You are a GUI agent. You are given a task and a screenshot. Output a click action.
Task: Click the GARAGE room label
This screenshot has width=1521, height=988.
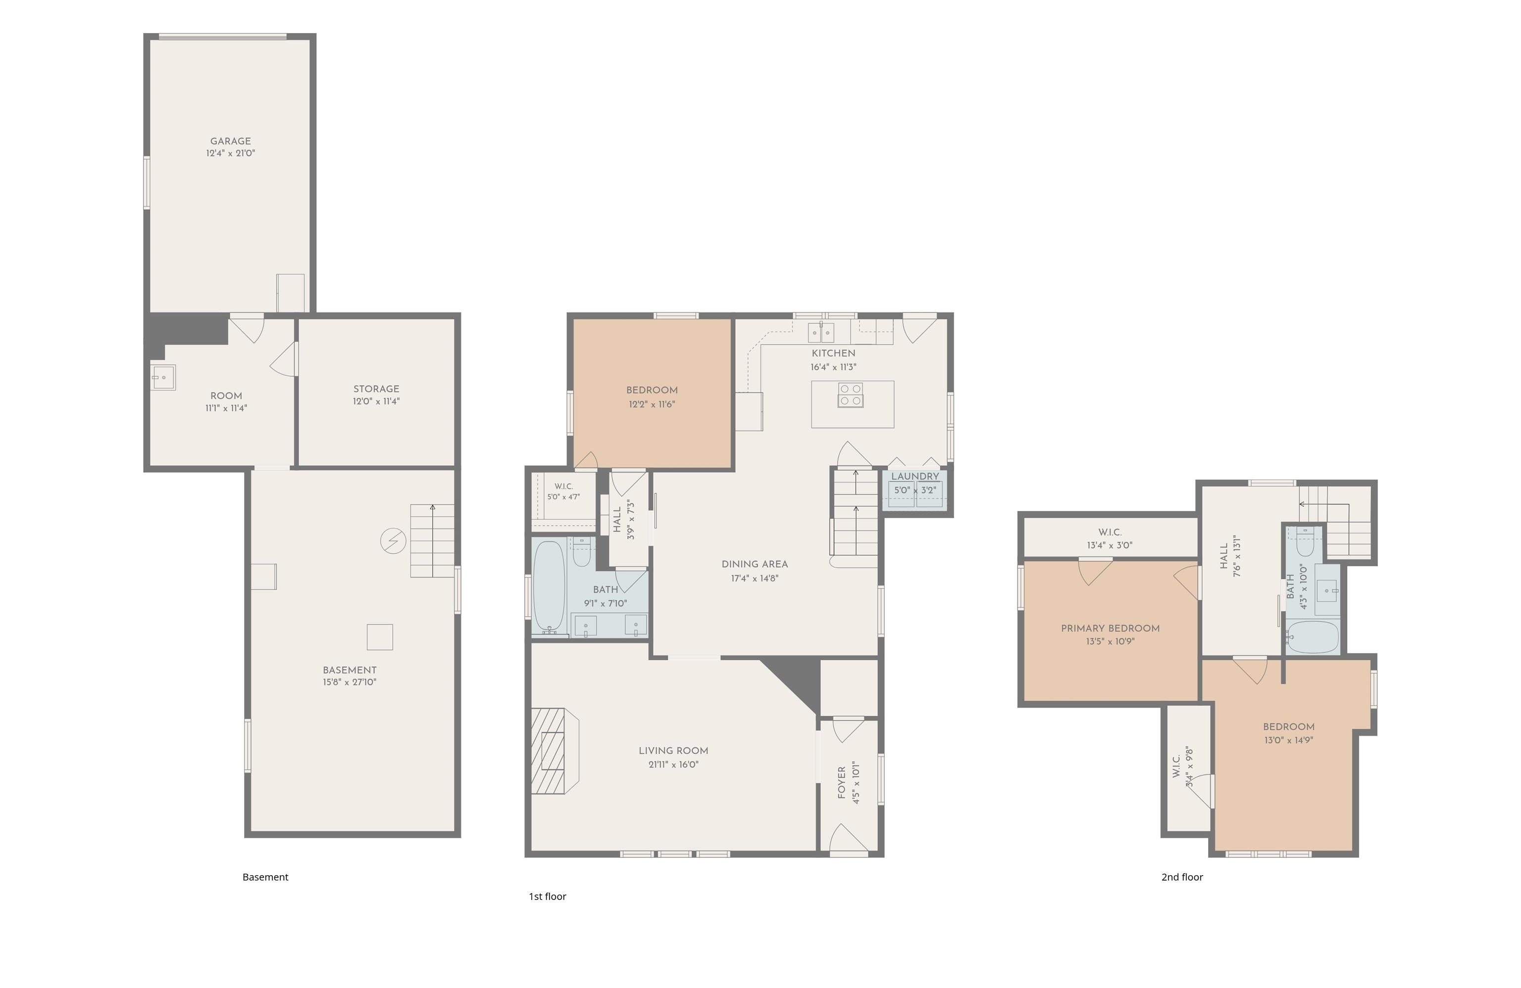pyautogui.click(x=230, y=141)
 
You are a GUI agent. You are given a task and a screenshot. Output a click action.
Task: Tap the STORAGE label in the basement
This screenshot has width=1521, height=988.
pyautogui.click(x=376, y=389)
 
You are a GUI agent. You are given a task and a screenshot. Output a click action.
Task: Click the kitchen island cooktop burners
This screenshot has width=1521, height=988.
pyautogui.click(x=851, y=395)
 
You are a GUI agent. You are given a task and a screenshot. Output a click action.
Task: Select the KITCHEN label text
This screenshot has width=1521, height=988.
pyautogui.click(x=833, y=353)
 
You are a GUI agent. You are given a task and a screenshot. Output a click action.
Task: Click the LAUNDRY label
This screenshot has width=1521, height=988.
pyautogui.click(x=915, y=477)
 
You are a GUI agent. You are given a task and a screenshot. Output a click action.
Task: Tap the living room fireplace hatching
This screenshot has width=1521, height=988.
pyautogui.click(x=548, y=751)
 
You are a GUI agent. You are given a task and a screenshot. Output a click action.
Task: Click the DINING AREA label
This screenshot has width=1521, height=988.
pyautogui.click(x=755, y=564)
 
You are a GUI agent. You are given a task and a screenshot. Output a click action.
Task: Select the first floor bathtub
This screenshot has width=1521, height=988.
pyautogui.click(x=549, y=587)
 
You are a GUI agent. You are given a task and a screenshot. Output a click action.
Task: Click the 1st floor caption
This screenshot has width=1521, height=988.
pyautogui.click(x=547, y=896)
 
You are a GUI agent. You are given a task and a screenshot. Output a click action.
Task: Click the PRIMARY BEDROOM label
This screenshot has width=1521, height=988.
pyautogui.click(x=1110, y=629)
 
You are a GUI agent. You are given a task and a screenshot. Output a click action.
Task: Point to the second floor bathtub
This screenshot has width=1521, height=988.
pyautogui.click(x=1312, y=637)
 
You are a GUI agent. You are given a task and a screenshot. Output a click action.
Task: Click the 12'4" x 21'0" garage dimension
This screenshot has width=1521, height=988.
pyautogui.click(x=230, y=153)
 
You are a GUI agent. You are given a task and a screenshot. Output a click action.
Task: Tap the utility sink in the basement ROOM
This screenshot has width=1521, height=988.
pyautogui.click(x=163, y=378)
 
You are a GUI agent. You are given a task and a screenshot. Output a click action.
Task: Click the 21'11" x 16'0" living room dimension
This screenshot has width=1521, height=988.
pyautogui.click(x=673, y=765)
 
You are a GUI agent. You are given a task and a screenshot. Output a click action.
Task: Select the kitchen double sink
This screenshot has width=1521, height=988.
pyautogui.click(x=821, y=332)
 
